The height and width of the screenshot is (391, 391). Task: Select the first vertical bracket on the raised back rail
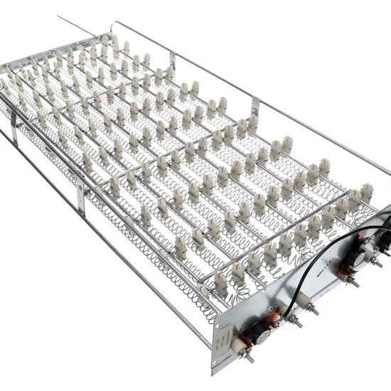point(173,61)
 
